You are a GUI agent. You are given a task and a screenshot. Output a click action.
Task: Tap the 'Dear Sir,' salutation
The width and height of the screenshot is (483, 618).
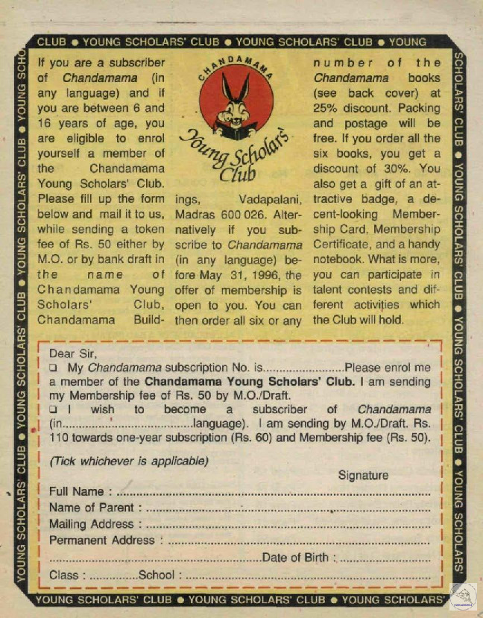(x=72, y=354)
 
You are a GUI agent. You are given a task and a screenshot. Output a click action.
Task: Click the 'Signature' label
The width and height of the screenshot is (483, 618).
(x=363, y=475)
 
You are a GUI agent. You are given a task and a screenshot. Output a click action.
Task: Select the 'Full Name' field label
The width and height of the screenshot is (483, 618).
(x=77, y=492)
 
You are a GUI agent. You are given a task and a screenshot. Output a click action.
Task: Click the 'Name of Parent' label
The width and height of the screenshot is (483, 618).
(x=91, y=508)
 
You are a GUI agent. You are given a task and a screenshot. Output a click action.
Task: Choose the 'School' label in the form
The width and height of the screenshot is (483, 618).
(x=157, y=575)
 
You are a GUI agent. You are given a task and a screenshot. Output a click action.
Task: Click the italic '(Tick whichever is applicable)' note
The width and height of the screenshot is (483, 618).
(x=129, y=461)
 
